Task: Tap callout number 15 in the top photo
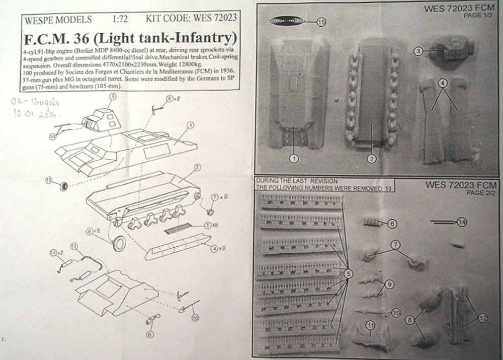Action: click(321, 22)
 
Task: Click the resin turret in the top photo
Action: click(448, 51)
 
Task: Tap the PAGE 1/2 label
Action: click(482, 16)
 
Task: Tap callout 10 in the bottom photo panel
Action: click(395, 313)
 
